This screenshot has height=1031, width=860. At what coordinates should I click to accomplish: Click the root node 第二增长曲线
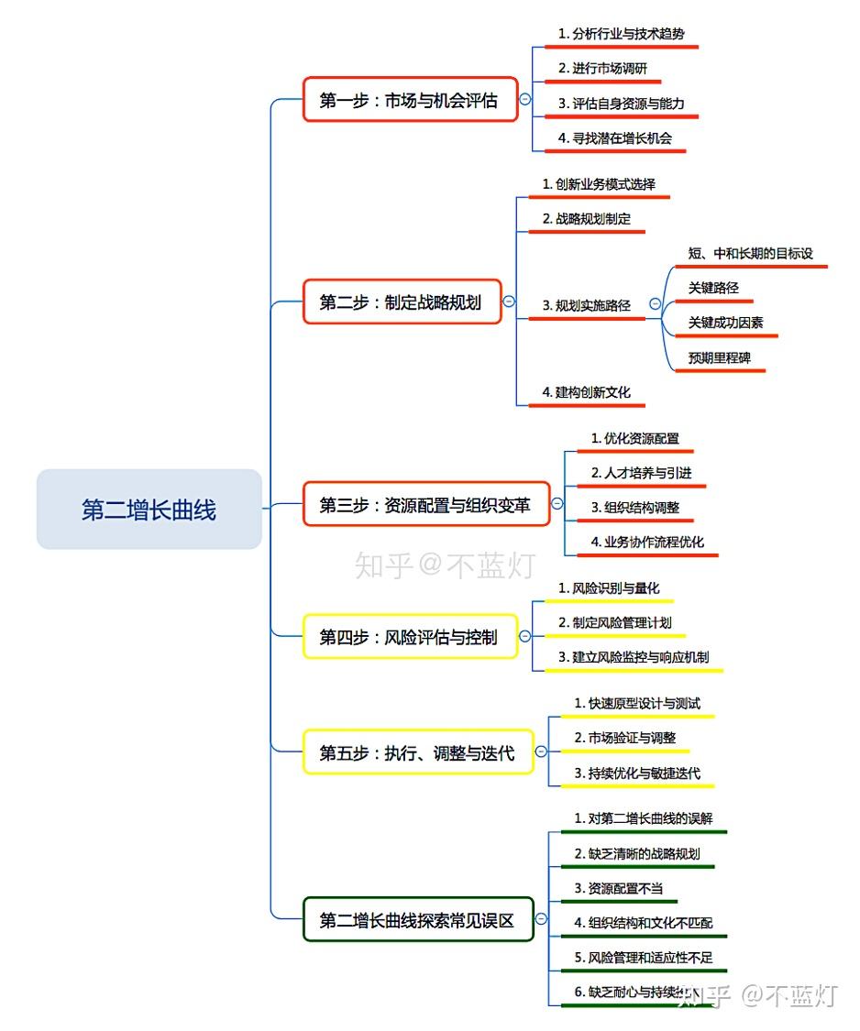coord(149,510)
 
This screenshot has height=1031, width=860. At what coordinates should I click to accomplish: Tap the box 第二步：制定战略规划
coord(402,302)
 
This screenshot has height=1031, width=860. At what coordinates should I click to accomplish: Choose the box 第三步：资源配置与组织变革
coord(426,504)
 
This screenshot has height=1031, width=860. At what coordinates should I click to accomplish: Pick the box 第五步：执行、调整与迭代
coord(417,752)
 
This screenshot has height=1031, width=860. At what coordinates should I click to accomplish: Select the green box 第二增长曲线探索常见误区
coord(417,919)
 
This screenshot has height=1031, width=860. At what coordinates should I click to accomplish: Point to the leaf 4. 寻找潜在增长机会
coord(615,137)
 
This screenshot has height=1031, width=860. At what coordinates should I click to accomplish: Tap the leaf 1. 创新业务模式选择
coord(599,183)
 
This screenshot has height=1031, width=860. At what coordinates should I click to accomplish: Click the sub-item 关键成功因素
coord(725,323)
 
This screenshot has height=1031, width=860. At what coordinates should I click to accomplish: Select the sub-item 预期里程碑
coord(719,357)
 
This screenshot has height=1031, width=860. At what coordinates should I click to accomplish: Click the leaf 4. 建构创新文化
coord(586,391)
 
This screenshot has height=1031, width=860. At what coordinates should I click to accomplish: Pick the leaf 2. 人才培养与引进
coord(641,473)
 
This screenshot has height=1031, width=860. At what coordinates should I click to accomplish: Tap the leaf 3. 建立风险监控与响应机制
coord(633,656)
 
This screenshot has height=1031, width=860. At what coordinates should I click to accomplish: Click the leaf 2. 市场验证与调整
coord(625,737)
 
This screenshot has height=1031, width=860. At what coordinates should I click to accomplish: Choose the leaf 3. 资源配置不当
coord(619,887)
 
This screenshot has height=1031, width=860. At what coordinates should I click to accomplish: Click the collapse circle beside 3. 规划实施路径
coord(655,303)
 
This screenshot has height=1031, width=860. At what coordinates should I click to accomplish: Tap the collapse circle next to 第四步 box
coord(524,636)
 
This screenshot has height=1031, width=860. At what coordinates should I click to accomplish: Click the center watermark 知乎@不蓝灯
coord(444,565)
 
